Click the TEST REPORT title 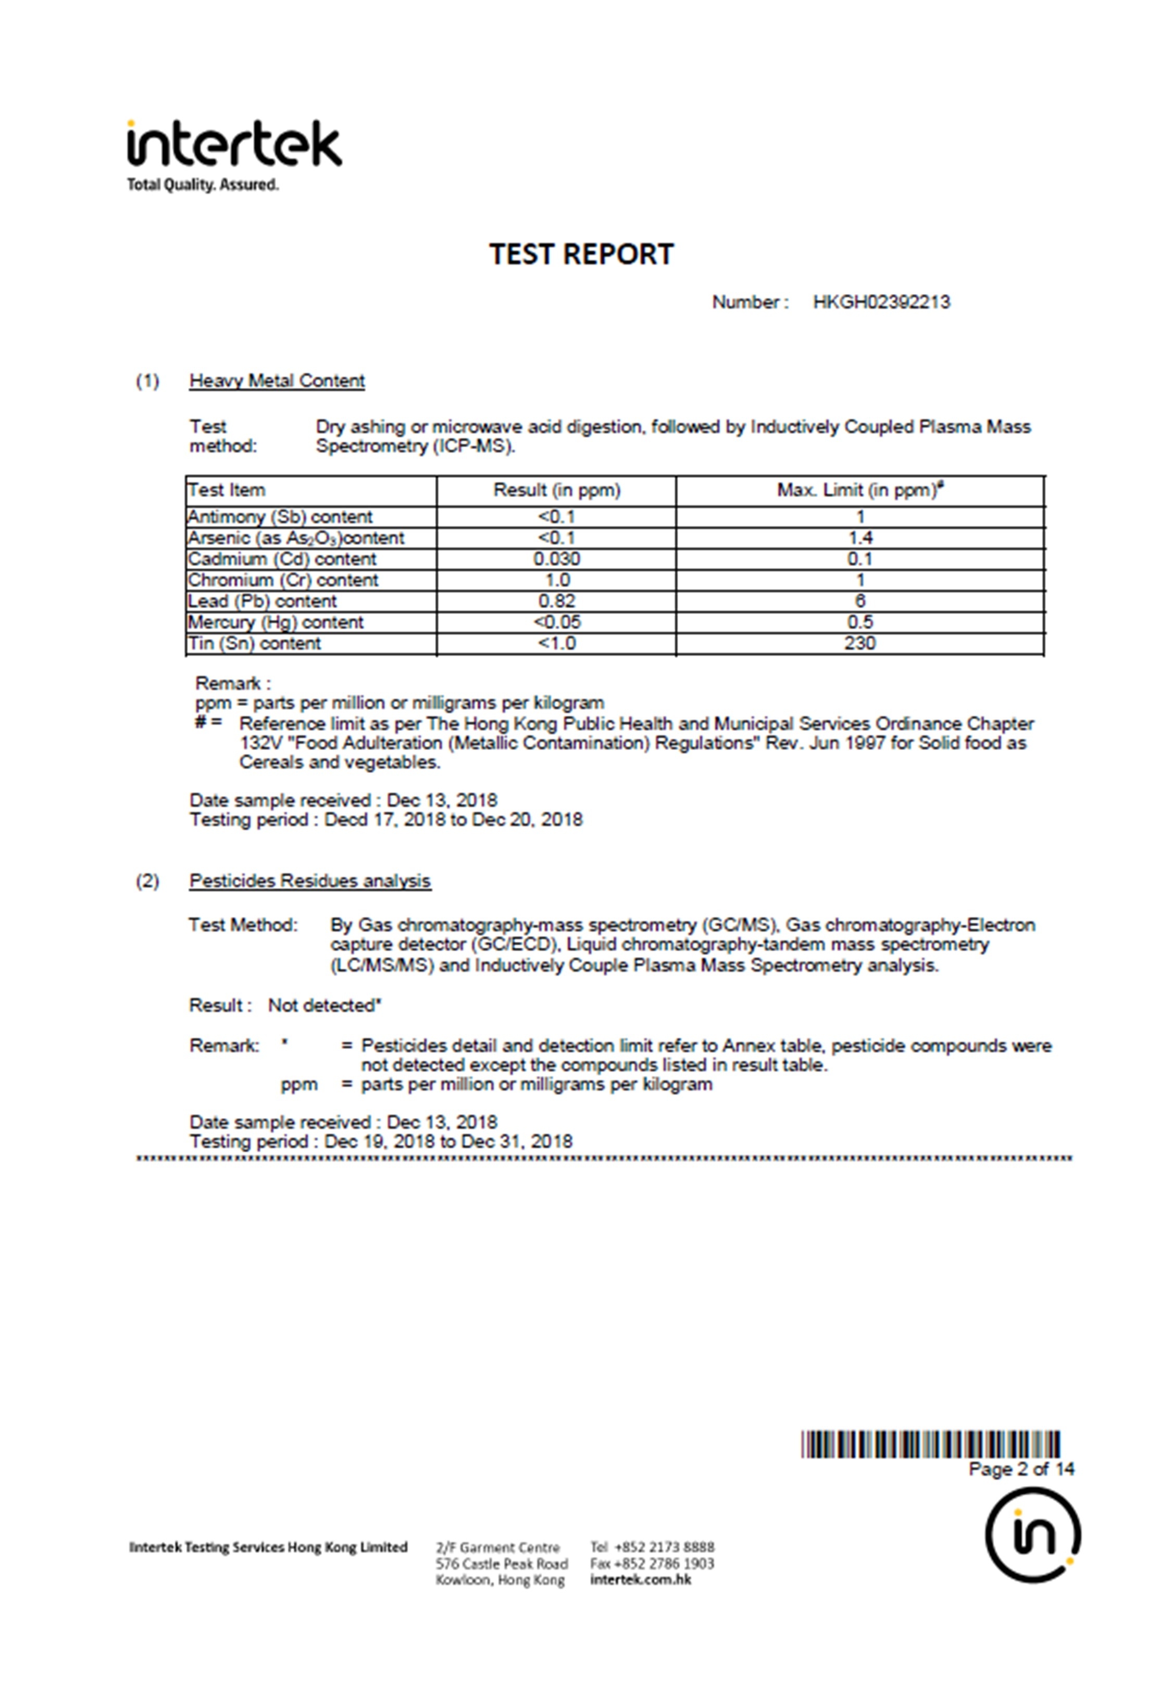581,254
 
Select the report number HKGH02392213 881,302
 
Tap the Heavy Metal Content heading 277,380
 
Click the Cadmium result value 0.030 557,559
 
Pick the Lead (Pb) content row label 262,601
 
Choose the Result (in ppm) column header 557,490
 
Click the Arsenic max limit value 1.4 860,538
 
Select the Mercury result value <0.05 557,622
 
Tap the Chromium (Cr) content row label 283,580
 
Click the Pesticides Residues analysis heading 310,881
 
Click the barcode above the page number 930,1444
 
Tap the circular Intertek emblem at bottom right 1032,1535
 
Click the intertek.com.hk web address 640,1579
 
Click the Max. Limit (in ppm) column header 859,490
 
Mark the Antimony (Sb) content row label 280,517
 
